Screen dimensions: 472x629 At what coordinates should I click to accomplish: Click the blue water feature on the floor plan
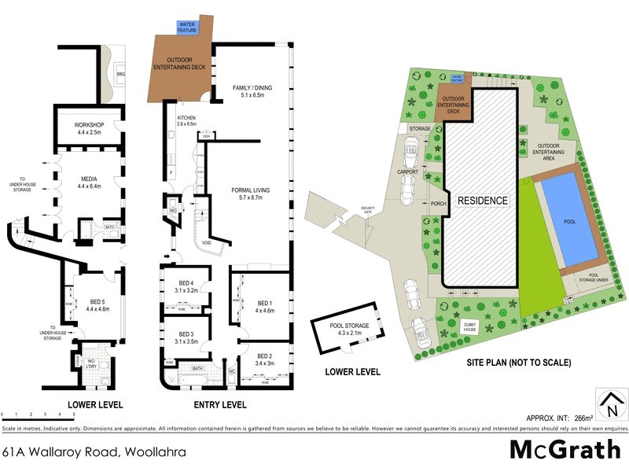pos(187,27)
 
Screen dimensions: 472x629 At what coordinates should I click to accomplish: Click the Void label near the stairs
pos(206,242)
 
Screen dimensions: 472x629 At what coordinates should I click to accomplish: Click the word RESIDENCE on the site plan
pos(483,201)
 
